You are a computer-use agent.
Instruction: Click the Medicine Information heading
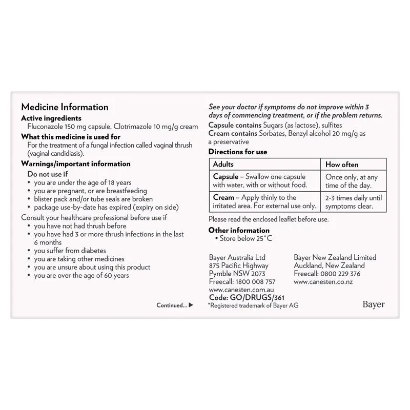(65, 107)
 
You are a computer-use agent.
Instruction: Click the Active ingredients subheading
(51, 118)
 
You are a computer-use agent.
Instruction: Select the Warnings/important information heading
(75, 164)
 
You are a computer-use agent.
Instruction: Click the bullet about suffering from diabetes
(70, 251)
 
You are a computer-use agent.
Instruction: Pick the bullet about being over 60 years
(81, 275)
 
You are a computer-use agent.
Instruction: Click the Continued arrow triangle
(191, 305)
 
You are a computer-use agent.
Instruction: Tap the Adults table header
(223, 165)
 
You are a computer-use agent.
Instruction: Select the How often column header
(342, 165)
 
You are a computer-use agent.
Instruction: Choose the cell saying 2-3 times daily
(354, 202)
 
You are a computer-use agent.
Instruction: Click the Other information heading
(239, 230)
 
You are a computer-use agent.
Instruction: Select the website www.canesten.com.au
(242, 290)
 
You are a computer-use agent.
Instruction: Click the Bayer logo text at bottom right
(373, 304)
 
